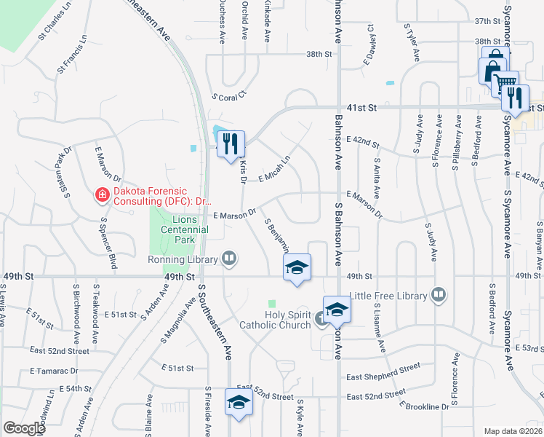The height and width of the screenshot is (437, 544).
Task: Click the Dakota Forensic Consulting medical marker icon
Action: pos(102,196)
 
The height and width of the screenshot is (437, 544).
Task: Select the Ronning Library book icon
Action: pos(229,259)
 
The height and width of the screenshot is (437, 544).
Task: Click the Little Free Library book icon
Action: pos(439,295)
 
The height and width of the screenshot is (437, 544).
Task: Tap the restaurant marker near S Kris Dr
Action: pos(231,143)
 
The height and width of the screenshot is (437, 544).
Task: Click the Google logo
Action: pos(24,428)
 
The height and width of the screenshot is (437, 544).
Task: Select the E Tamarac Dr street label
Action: pos(53,371)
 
